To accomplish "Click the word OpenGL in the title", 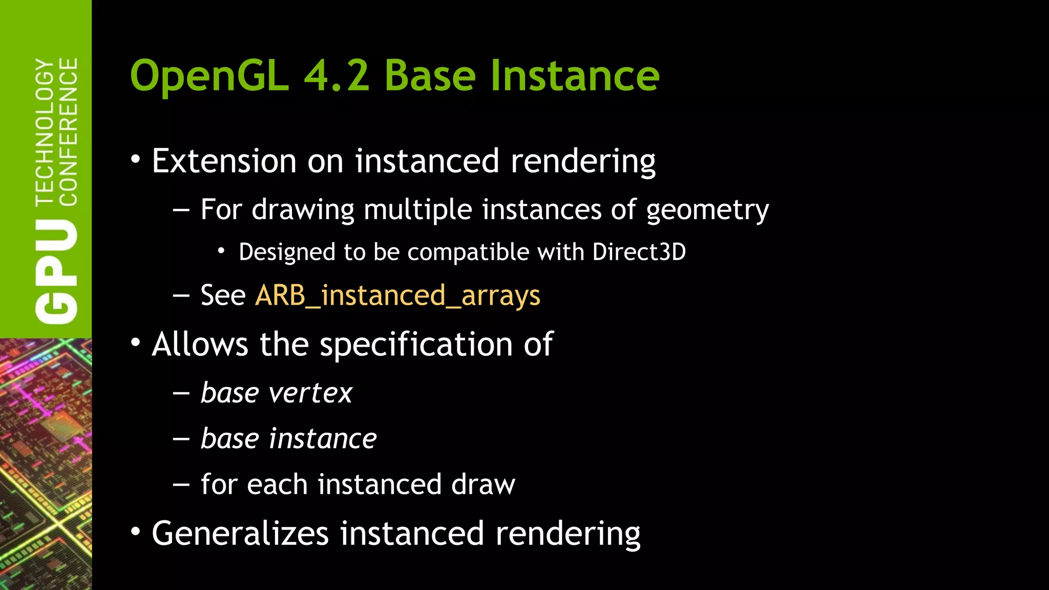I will (209, 76).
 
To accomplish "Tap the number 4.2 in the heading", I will (337, 76).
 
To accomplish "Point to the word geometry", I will (707, 210).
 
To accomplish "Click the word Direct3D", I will (639, 252).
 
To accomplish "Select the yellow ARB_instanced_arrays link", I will (397, 296).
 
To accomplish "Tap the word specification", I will (416, 344).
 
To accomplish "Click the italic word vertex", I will (310, 393).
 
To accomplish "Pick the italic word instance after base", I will (323, 439).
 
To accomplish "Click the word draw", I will (483, 484).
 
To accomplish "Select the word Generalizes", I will (240, 534).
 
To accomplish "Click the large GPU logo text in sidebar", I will (56, 272).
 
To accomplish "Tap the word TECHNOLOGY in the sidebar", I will (45, 132).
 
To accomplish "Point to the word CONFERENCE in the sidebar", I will (68, 132).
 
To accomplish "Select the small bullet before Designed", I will (221, 251).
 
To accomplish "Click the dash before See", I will (181, 297).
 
